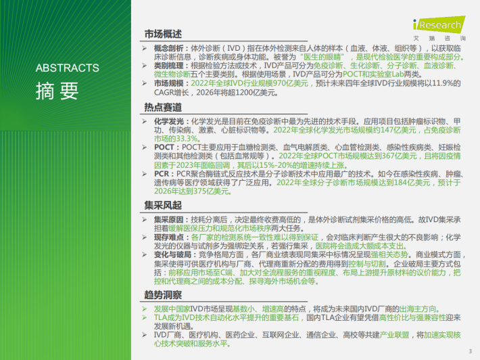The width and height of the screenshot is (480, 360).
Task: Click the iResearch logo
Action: tap(439, 28)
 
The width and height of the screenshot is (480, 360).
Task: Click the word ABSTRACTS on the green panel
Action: tap(68, 68)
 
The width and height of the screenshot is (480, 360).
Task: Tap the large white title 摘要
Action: tap(57, 91)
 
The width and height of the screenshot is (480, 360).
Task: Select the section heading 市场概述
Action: tap(163, 34)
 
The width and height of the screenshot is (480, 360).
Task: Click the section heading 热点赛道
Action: tap(163, 107)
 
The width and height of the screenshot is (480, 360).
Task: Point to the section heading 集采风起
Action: tap(163, 205)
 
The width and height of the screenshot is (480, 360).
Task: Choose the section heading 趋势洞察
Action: tap(163, 295)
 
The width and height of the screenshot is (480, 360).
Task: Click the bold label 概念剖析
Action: tap(168, 48)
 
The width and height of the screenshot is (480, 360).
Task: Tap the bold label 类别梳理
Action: tap(168, 66)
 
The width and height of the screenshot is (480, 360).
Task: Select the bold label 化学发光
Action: tap(168, 121)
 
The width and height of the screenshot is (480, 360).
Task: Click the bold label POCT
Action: tap(164, 148)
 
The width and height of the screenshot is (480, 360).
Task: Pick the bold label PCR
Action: tap(162, 174)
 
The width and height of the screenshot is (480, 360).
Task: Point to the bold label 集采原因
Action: tap(168, 220)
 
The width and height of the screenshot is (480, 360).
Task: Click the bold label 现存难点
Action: tap(168, 237)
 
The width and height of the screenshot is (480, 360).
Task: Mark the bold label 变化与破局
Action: tap(172, 254)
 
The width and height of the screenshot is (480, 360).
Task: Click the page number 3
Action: tap(471, 351)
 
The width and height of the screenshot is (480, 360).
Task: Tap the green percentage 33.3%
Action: tap(187, 139)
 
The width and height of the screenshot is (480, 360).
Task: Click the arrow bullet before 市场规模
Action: tap(145, 83)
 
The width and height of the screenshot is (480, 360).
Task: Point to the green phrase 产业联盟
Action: tap(394, 335)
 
